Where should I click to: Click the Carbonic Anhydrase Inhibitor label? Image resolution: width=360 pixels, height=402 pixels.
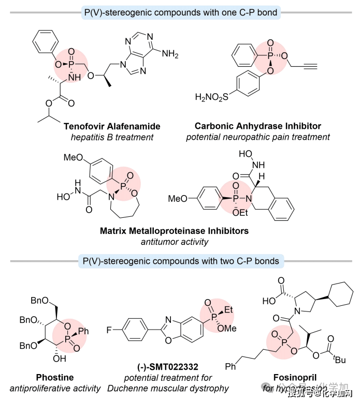click(258, 126)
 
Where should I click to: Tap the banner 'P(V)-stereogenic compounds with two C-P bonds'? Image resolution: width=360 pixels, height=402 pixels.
click(180, 261)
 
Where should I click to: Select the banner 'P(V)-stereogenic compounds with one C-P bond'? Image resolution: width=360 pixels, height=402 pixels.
click(180, 12)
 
